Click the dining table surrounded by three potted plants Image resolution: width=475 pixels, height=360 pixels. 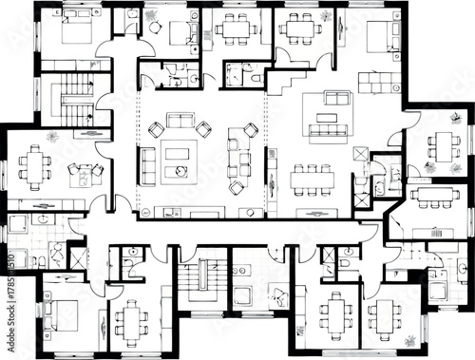(443, 146)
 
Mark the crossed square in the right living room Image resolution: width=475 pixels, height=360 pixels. (360, 154)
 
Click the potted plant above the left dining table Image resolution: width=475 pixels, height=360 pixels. (52, 138)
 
